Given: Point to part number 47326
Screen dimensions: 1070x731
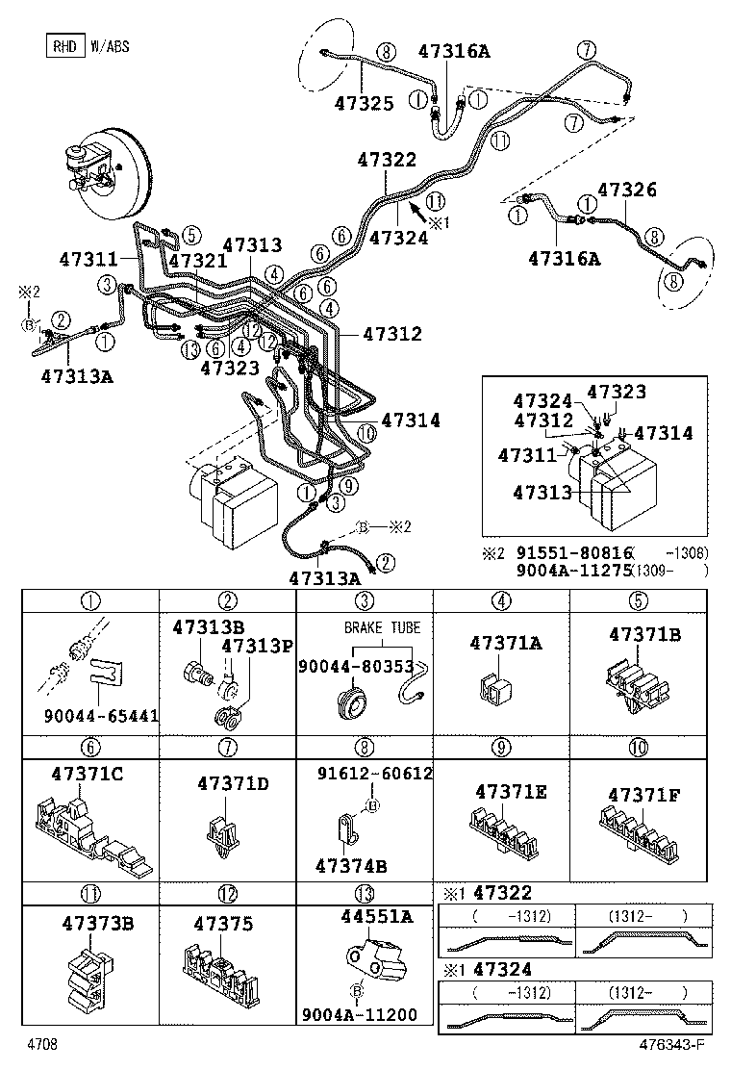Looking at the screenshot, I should point(626,190).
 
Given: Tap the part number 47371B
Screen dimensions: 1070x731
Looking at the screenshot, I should point(644,634).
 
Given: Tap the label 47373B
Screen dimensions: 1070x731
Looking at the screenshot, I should point(97,924).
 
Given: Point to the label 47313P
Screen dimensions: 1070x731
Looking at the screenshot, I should point(257,645).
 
